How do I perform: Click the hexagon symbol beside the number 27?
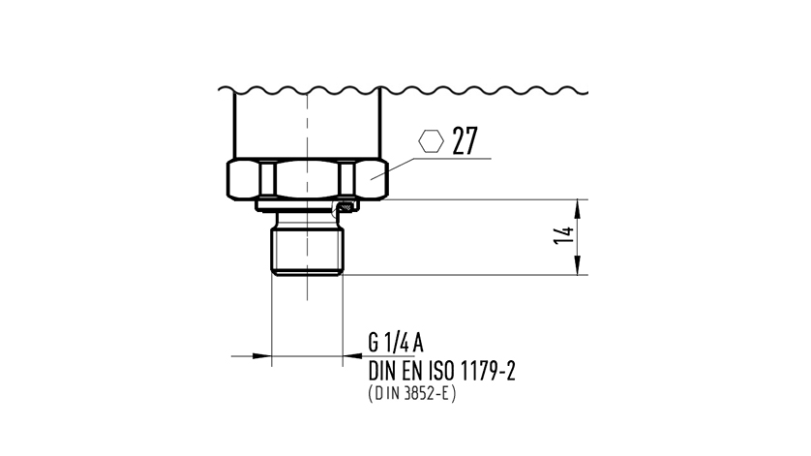pos(431,141)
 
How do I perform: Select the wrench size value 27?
pos(465,142)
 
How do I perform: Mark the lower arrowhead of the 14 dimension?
pos(578,268)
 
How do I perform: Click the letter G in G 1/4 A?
pos(374,343)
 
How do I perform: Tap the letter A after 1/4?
pos(418,343)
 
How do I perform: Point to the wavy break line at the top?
pos(406,93)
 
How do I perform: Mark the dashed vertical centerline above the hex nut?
pos(308,126)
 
